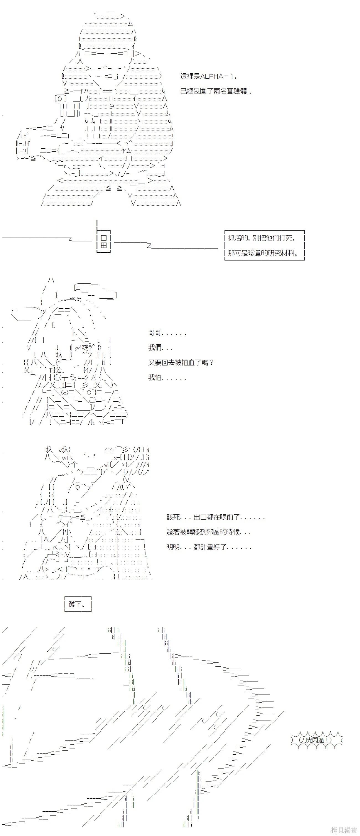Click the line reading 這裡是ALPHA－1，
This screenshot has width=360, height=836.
208,76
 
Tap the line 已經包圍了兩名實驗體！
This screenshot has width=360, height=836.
216,91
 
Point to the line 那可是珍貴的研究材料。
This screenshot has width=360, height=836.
263,253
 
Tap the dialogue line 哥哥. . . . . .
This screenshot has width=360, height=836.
167,333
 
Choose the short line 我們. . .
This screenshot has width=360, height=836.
160,348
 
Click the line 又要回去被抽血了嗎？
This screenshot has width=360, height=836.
181,363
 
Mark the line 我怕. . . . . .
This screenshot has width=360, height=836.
167,377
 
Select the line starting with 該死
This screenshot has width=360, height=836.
215,517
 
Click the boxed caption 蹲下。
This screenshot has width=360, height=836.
78,604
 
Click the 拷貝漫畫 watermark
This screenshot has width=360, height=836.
344,830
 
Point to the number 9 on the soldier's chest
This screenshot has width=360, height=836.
111,106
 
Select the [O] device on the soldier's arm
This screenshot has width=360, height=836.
61,98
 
